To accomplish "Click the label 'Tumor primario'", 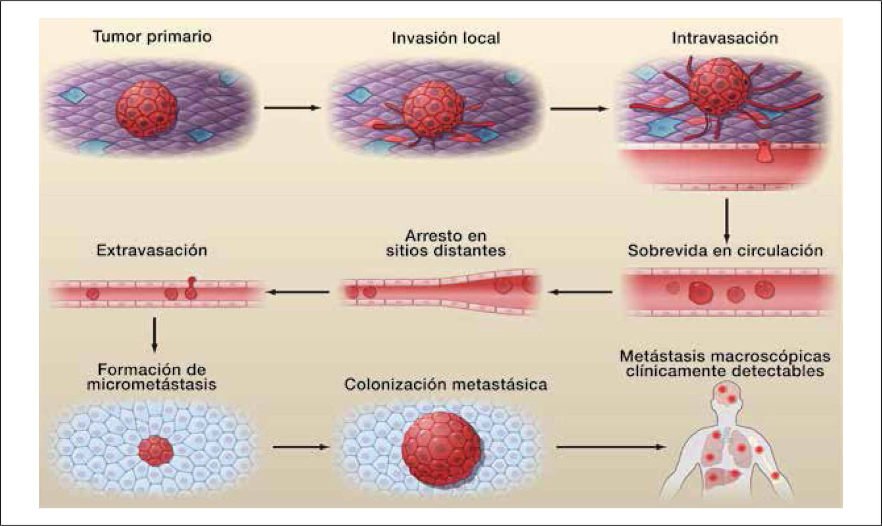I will tap(152, 36).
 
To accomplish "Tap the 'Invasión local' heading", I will tap(445, 38).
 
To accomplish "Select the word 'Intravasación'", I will tap(725, 38).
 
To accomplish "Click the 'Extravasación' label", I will tap(152, 250).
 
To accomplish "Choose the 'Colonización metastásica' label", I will tap(445, 385).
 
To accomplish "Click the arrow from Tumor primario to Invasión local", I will tap(292, 107).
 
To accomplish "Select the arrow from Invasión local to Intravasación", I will tap(578, 108).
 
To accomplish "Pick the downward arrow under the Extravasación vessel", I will tap(154, 334).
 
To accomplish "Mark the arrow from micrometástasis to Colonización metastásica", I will tap(300, 447).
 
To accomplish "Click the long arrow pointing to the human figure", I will tap(611, 447).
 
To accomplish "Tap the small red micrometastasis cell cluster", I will tap(155, 451).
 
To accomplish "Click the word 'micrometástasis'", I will tap(152, 385).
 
